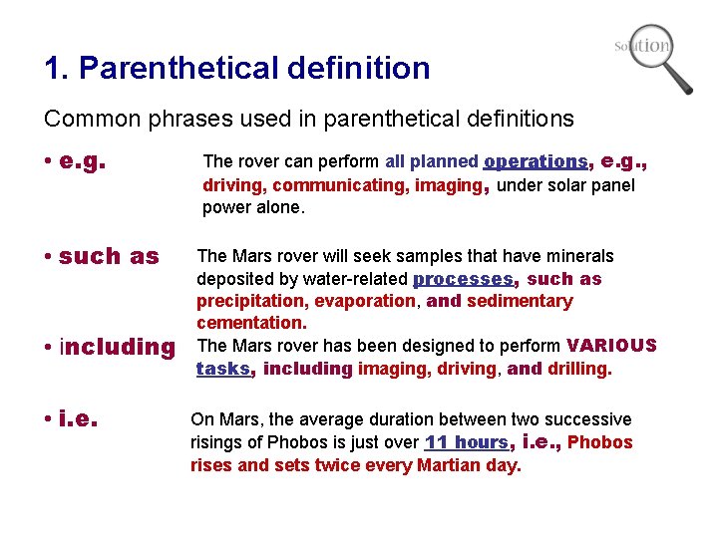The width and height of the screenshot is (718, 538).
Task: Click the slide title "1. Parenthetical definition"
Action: (x=237, y=68)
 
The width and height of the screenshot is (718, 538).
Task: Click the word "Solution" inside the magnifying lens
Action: (x=644, y=46)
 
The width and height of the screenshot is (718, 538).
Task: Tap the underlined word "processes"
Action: (x=464, y=279)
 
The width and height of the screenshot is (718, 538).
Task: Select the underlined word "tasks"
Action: (x=223, y=369)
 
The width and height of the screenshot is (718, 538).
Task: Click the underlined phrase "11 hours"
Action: (x=467, y=442)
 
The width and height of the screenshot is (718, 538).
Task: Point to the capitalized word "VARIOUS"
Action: (x=611, y=346)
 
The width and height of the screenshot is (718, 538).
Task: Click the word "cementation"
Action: (x=251, y=323)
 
